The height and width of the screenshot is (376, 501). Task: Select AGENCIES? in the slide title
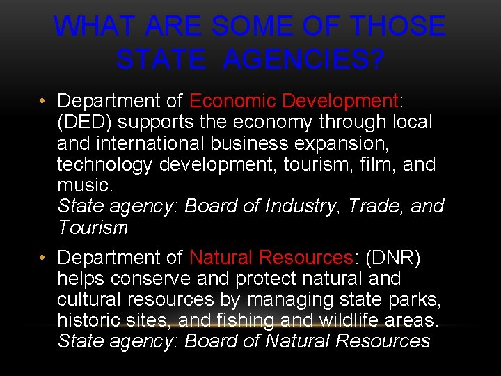[303, 60]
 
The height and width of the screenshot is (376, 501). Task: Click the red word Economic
[232, 102]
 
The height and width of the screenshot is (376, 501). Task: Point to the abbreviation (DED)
[83, 123]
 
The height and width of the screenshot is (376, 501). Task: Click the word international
[152, 143]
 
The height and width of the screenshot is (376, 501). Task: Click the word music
[82, 185]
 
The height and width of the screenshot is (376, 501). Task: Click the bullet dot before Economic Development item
[43, 102]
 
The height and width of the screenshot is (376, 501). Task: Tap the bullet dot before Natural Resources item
[43, 258]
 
